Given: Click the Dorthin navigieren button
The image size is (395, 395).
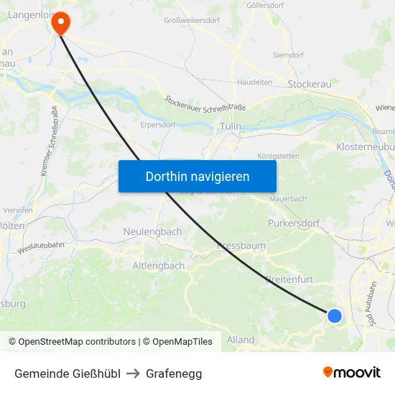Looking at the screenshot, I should [x=197, y=176].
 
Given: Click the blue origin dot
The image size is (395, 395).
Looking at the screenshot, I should [x=334, y=315].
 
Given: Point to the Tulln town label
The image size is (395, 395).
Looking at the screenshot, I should [x=231, y=126].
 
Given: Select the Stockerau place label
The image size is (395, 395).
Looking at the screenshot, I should [x=309, y=84].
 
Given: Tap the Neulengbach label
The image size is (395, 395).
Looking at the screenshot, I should [x=152, y=232].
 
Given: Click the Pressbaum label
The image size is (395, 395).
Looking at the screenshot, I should [x=241, y=246].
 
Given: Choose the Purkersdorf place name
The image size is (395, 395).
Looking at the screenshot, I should [x=293, y=223].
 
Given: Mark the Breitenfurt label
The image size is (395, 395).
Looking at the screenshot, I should [x=290, y=279].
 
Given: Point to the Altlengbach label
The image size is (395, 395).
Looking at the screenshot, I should [x=158, y=266].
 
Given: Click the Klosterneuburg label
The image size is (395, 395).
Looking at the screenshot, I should [x=365, y=147].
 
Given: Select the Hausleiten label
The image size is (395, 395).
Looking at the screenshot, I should [x=255, y=83].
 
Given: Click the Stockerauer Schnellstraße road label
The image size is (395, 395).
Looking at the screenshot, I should [x=205, y=103].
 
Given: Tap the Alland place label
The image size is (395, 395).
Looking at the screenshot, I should [x=241, y=340].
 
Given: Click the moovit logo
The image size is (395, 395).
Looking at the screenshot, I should [x=352, y=372].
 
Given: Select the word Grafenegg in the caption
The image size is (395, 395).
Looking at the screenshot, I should [x=174, y=373].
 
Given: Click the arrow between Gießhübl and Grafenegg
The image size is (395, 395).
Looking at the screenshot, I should [x=133, y=373].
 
